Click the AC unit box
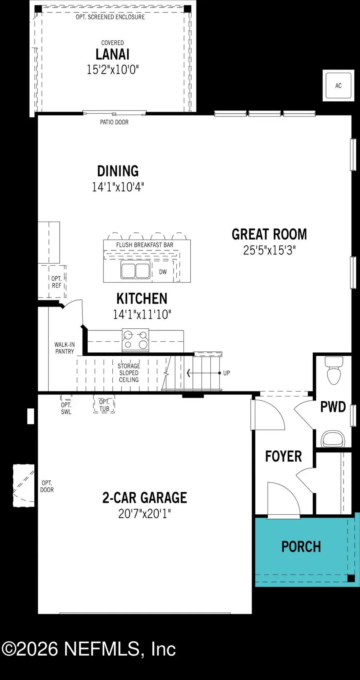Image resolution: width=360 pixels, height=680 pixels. (338, 85)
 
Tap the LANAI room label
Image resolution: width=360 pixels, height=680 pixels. (112, 54)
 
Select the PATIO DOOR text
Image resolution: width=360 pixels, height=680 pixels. (114, 122)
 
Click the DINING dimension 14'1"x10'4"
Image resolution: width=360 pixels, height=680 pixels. (118, 187)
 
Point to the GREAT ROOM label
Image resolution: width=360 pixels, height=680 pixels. (269, 234)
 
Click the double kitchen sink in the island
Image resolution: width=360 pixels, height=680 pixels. (135, 270)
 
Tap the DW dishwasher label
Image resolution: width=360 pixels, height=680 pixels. (163, 272)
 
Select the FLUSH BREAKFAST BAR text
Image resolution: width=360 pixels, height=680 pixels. (144, 245)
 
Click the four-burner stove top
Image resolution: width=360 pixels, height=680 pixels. (135, 340)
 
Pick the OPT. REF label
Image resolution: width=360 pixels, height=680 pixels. (56, 282)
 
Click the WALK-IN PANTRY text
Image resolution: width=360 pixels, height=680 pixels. (64, 348)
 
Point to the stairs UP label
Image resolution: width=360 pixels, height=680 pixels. (226, 373)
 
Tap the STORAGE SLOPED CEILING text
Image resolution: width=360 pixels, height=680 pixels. (129, 373)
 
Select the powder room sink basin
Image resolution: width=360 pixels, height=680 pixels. (333, 439)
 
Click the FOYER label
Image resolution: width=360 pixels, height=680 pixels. (283, 456)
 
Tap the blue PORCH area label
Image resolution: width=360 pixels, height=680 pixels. (301, 547)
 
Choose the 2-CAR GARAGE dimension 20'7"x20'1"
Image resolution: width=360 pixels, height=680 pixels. (144, 514)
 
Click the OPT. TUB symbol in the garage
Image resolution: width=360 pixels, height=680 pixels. (104, 405)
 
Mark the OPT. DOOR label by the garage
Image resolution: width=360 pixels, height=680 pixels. (47, 486)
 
